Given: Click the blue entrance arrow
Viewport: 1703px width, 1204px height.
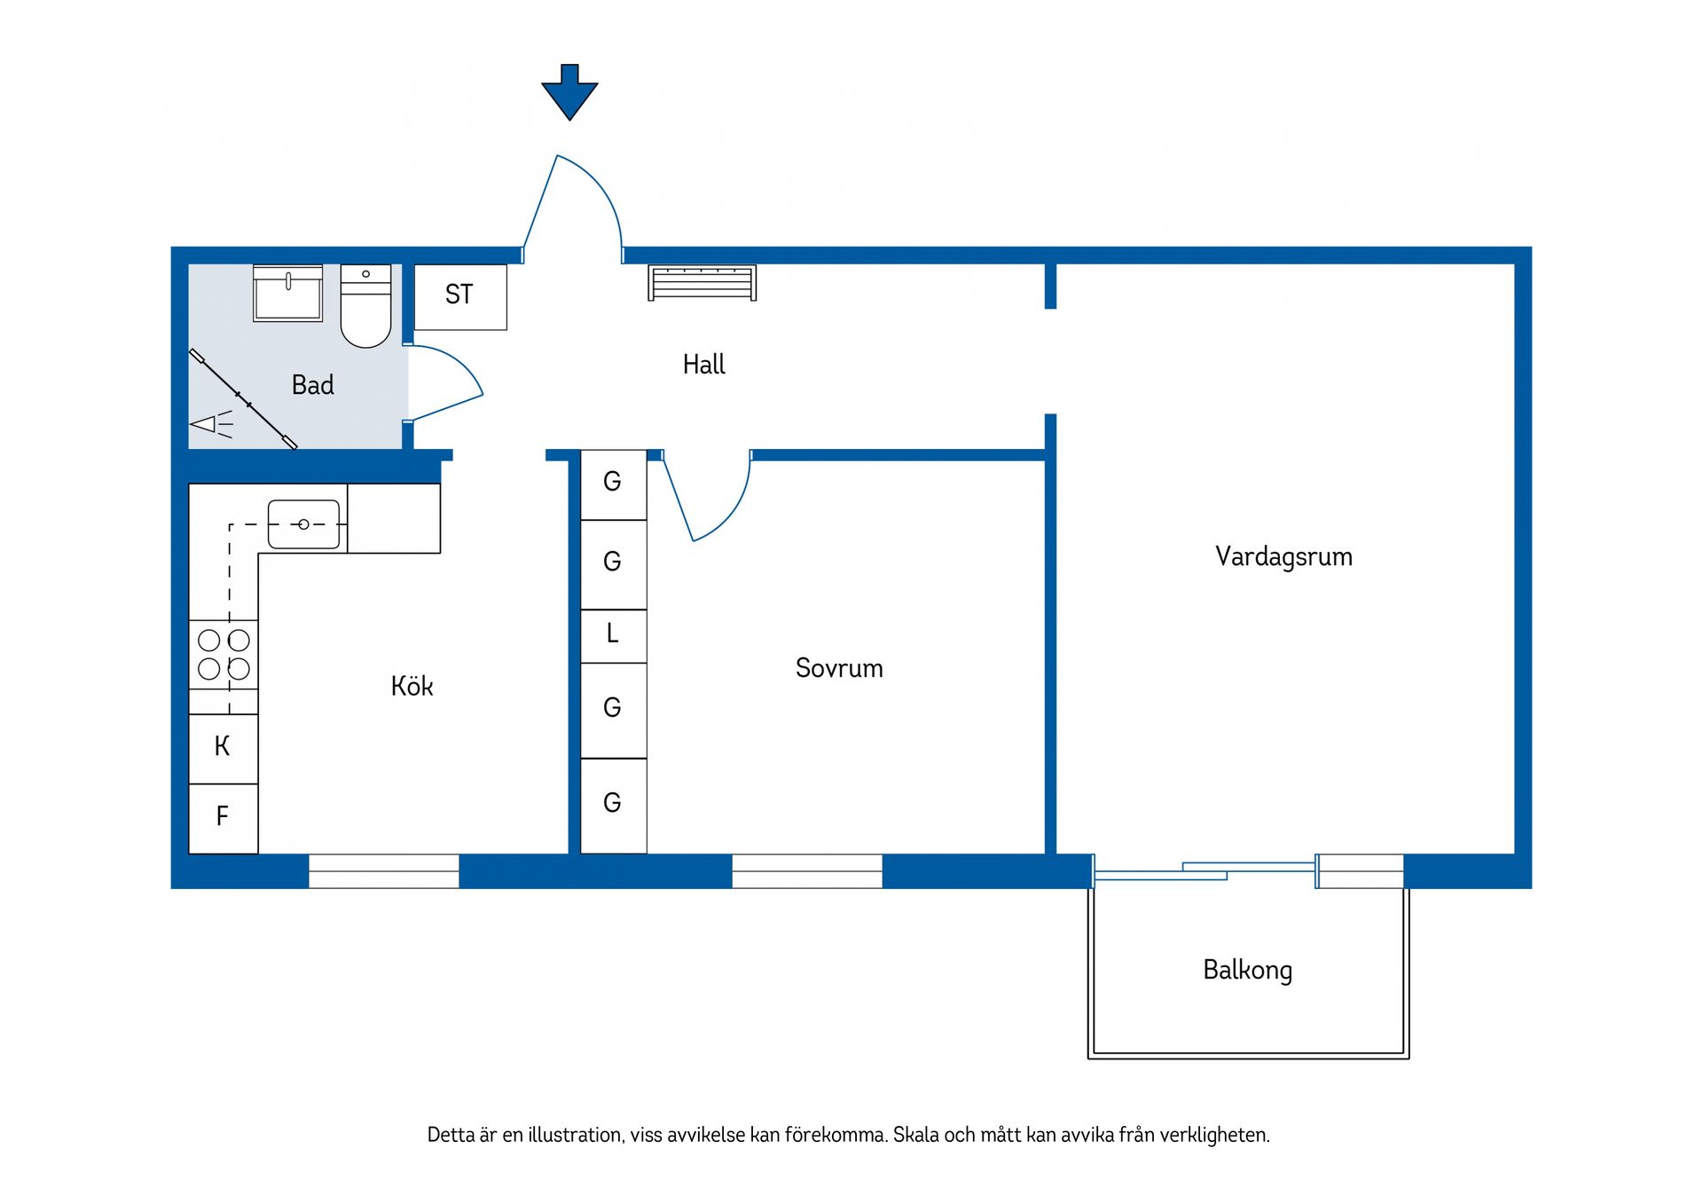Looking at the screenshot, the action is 569,91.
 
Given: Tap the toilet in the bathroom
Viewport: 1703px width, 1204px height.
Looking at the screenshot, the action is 365,306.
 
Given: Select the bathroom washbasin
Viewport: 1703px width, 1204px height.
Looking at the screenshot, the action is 287,293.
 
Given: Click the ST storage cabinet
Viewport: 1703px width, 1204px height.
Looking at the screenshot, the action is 460,297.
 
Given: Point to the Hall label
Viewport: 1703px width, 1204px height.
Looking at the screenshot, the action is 704,364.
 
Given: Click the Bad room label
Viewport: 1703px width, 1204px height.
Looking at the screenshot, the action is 313,385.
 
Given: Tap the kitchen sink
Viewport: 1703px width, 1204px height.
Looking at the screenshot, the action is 303,524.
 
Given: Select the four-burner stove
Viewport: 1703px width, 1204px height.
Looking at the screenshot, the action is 224,655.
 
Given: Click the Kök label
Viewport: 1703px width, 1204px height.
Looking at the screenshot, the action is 412,686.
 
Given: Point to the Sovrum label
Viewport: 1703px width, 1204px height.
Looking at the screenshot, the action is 839,668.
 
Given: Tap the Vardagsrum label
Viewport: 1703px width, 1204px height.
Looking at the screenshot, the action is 1283,556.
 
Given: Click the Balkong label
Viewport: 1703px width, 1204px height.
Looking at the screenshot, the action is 1247,970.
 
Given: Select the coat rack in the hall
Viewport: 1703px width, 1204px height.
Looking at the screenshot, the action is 702,283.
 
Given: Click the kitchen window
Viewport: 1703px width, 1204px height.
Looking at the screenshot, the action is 384,871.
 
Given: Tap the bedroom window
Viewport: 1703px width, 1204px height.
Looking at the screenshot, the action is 807,871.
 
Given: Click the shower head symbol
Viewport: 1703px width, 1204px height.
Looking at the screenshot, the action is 211,424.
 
